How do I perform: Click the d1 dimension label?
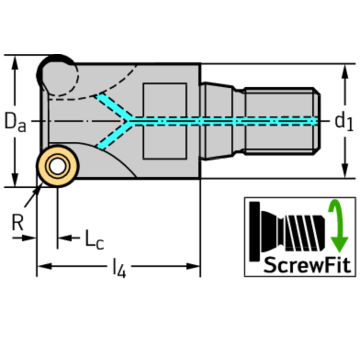pyautogui.click(x=344, y=122)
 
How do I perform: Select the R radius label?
pyautogui.click(x=17, y=222)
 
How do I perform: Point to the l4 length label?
pyautogui.click(x=119, y=269)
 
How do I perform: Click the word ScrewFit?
pyautogui.click(x=307, y=265)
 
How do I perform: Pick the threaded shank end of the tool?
pyautogui.click(x=282, y=121)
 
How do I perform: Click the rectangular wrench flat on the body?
pyautogui.click(x=164, y=121)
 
